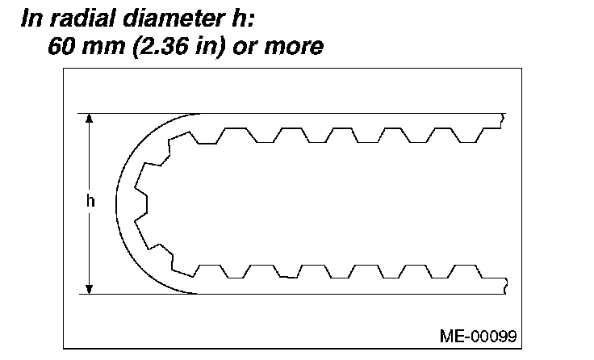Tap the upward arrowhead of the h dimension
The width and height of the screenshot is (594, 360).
[90, 119]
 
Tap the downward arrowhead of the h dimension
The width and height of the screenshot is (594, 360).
[90, 288]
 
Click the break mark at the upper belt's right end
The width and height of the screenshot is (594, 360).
[504, 121]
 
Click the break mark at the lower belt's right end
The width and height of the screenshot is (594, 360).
[504, 283]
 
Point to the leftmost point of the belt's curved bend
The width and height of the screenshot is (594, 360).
[116, 203]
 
